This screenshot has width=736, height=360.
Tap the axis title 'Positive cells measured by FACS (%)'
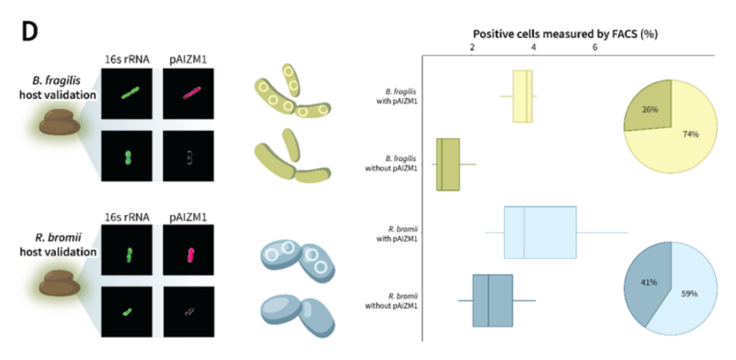[565, 34]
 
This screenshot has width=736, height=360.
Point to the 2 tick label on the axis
[473, 47]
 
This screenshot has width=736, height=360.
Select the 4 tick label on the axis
[534, 47]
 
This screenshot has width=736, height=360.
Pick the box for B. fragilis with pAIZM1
[523, 96]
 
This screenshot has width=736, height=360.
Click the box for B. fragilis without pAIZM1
[447, 164]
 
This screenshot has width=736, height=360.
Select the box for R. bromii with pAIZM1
[539, 232]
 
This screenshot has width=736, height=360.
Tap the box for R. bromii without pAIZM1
[492, 300]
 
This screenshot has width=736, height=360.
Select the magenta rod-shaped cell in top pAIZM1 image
[187, 93]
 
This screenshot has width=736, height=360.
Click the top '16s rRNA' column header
[127, 55]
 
